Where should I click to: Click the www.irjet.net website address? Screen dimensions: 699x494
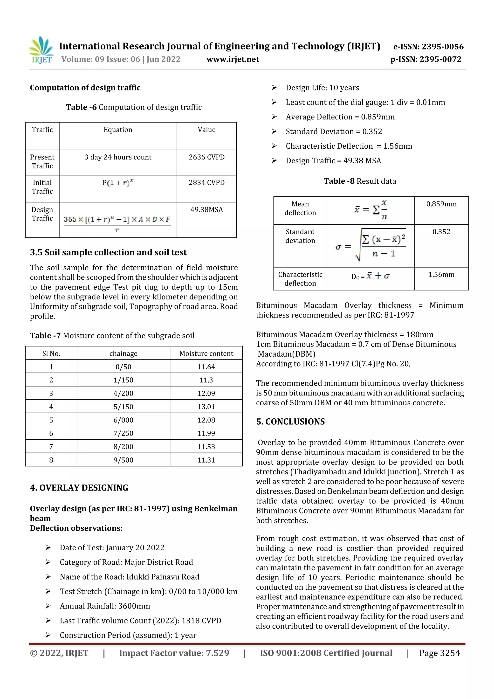[x=233, y=59]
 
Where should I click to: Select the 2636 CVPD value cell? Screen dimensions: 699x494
[x=206, y=157]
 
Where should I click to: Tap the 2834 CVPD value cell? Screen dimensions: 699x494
[x=206, y=183]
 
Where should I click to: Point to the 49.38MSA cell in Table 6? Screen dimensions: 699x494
[x=206, y=210]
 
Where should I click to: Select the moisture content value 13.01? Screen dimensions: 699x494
[x=206, y=407]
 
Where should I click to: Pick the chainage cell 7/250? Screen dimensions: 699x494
[x=123, y=433]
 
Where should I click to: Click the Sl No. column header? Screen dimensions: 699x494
[x=51, y=353]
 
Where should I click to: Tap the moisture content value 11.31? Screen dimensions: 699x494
[x=206, y=460]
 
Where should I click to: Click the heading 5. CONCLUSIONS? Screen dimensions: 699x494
[x=290, y=422]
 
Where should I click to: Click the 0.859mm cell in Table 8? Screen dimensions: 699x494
[x=441, y=204]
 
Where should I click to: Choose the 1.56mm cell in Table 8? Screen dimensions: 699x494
[x=441, y=275]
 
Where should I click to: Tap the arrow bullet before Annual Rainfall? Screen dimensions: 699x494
[x=48, y=606]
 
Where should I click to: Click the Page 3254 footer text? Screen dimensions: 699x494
[x=439, y=653]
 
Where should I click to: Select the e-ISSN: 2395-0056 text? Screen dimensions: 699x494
[x=428, y=47]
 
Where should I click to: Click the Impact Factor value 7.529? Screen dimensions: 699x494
[x=174, y=653]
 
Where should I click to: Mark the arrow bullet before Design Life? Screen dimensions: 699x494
[x=274, y=88]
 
